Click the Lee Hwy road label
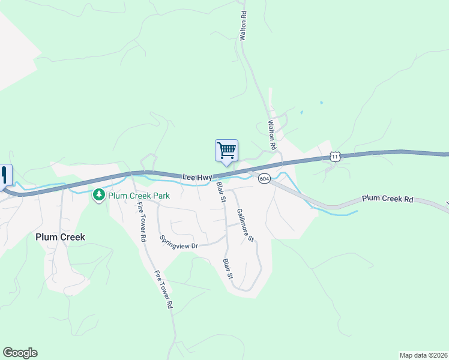(197, 176)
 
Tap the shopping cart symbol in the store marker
(226, 150)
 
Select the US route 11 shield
(335, 157)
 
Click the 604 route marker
(265, 179)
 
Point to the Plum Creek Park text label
(139, 196)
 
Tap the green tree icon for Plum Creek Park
(98, 195)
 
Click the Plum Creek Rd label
(388, 199)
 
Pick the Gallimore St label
(245, 225)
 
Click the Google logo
(20, 353)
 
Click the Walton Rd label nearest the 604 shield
(272, 135)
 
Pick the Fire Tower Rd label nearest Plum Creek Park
(142, 221)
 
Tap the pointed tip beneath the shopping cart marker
(226, 164)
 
